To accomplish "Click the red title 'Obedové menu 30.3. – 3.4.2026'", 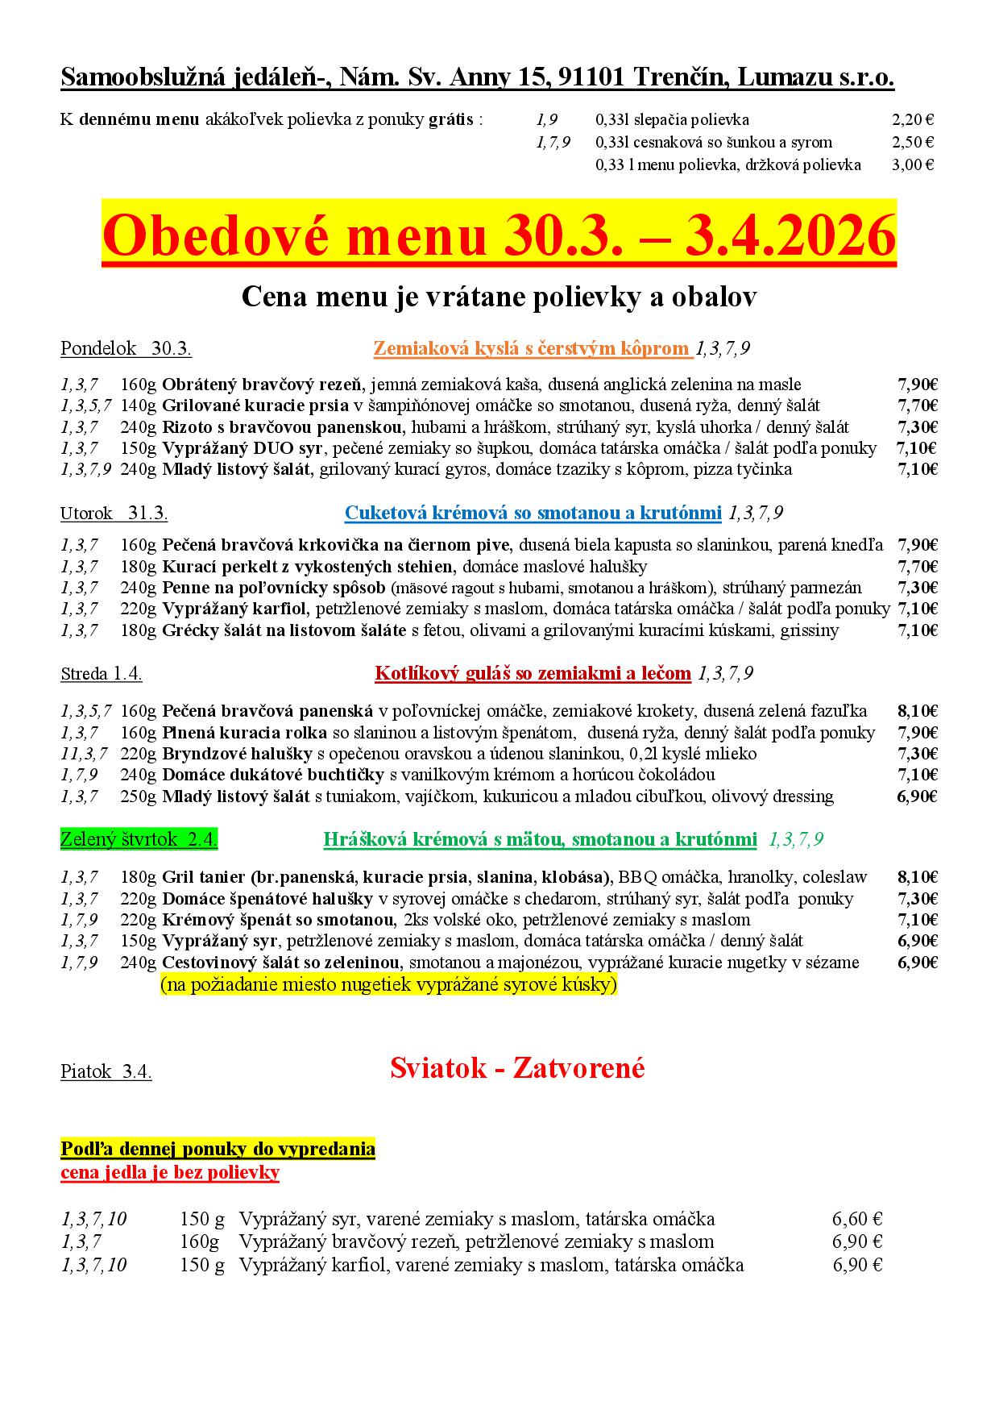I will coord(499,235).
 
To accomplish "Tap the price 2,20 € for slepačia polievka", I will coord(912,120).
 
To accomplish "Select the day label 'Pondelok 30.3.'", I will coord(126,349).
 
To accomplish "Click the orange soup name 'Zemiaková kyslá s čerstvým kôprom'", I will coord(532,349).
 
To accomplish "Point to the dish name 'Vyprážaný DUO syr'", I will coord(242,448).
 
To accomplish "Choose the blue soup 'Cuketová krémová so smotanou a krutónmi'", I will coord(533,513).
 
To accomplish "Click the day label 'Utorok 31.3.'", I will coord(114,514).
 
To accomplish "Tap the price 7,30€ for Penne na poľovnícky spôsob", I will coord(917,588).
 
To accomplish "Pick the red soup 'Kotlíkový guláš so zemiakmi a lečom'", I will coord(533,673).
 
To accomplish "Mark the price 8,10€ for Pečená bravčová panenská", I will coord(917,711).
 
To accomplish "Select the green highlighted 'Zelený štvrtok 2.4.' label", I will coord(139,839).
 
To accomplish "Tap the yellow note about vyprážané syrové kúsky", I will coord(388,984).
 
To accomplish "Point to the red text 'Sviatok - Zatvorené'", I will coord(517,1068).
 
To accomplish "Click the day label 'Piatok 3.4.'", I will coord(106,1071).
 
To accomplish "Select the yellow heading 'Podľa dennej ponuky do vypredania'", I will coord(218,1148).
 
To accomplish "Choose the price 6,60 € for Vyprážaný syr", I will coord(856,1219).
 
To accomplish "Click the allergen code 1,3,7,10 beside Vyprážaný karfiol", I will coord(93,1265).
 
